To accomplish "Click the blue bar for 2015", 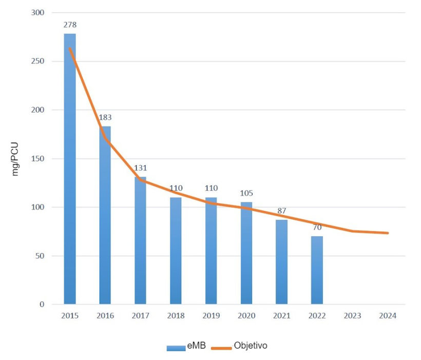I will pyautogui.click(x=70, y=169).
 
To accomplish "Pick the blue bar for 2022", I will pyautogui.click(x=317, y=270).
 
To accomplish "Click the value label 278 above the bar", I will pyautogui.click(x=70, y=25).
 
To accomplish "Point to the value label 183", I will pyautogui.click(x=105, y=118).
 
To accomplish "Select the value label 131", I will pyautogui.click(x=140, y=168).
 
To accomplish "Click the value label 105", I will pyautogui.click(x=246, y=193).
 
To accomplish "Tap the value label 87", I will pyautogui.click(x=281, y=211).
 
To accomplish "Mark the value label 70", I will pyautogui.click(x=317, y=227).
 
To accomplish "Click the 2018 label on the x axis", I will pyautogui.click(x=176, y=316).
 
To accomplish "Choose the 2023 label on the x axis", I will pyautogui.click(x=352, y=316).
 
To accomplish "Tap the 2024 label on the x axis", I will pyautogui.click(x=388, y=316).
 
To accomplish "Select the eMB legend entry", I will pyautogui.click(x=187, y=347).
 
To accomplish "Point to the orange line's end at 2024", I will pyautogui.click(x=388, y=233).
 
